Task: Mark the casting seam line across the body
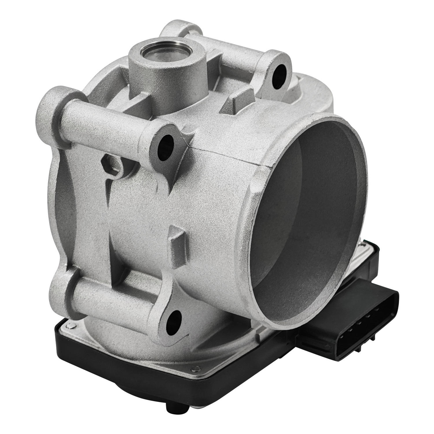tap(231, 158)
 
